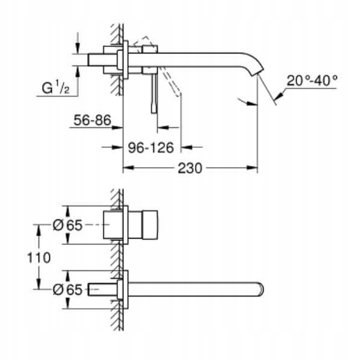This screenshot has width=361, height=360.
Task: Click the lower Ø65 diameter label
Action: click(x=67, y=288)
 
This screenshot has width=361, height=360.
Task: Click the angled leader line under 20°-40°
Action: click(x=279, y=95)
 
